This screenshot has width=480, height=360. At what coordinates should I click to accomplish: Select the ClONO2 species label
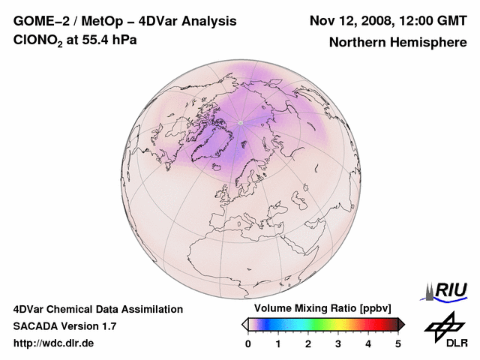[40, 40]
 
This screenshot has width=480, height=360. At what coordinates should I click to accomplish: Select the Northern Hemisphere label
[397, 42]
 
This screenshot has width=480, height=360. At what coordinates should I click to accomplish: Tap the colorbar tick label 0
[248, 343]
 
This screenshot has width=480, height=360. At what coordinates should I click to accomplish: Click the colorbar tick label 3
[338, 343]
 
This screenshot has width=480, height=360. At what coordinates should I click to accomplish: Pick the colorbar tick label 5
[398, 343]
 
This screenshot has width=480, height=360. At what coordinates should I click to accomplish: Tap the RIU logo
[448, 290]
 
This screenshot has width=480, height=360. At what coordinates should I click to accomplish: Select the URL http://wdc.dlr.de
[54, 343]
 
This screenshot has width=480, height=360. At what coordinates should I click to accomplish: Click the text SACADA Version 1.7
[64, 326]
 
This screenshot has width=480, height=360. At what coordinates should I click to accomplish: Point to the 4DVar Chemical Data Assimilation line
[97, 309]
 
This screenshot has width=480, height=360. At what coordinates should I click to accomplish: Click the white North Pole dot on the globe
[239, 121]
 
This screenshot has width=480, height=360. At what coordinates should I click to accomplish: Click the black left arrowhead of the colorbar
[244, 324]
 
